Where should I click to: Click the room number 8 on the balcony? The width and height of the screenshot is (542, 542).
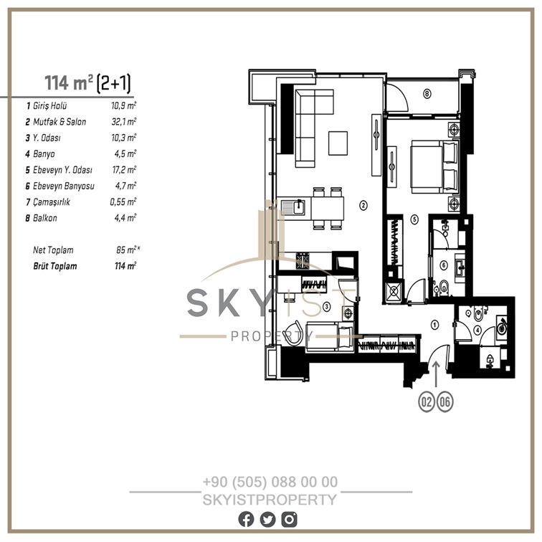point(427,93)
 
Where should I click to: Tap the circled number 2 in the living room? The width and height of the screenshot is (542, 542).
point(363,205)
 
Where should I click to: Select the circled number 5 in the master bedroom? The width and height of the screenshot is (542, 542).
point(414,219)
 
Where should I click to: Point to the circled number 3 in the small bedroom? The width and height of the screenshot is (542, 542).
point(326,306)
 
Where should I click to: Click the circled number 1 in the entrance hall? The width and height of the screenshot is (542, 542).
point(435,325)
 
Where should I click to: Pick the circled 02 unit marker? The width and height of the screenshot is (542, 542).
point(427,401)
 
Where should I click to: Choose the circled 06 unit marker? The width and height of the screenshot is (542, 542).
point(445,401)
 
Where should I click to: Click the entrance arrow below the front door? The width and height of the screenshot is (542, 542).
point(436,374)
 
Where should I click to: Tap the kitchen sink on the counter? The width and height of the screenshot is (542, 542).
point(293,207)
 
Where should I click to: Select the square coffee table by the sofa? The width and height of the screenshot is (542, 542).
point(338,143)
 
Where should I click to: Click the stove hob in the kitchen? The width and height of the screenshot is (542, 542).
point(303,261)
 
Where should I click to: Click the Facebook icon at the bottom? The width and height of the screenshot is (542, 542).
point(246,520)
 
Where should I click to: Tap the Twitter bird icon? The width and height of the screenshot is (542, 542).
point(267,520)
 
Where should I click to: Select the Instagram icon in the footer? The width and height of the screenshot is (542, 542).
point(289,520)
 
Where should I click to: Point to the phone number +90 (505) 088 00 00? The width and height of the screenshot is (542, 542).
point(270,482)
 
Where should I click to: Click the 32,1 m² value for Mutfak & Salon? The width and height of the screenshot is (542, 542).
point(124,121)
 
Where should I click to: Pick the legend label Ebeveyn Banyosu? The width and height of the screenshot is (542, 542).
point(64,186)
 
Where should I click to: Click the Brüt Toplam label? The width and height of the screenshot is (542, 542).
point(55,266)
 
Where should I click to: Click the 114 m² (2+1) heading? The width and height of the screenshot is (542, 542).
point(87,83)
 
